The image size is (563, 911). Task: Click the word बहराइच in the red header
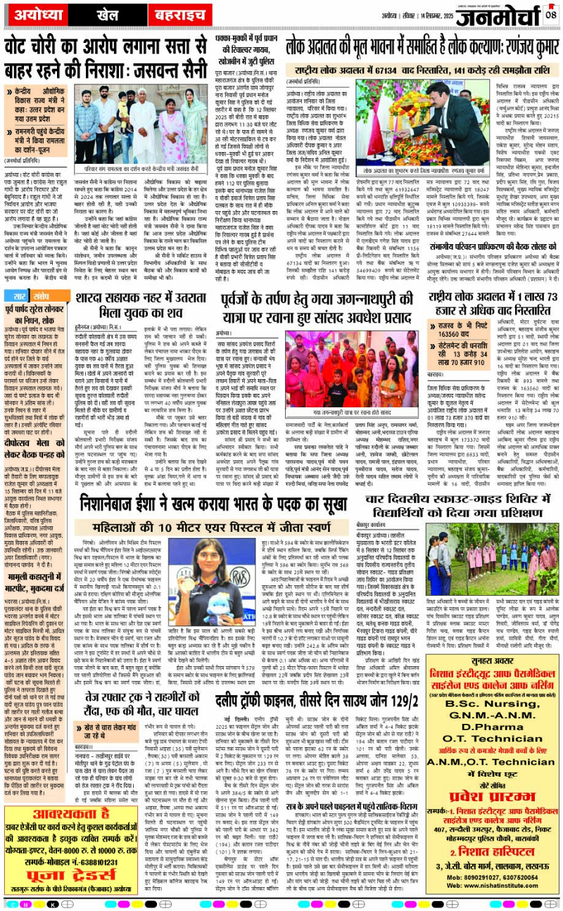coord(183,15)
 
